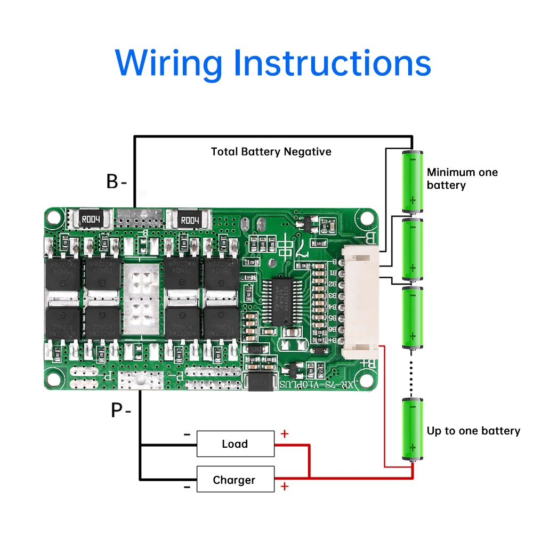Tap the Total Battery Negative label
pyautogui.click(x=271, y=152)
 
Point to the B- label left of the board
pyautogui.click(x=116, y=181)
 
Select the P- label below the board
pyautogui.click(x=120, y=410)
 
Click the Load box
pyautogui.click(x=236, y=444)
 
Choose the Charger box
pyautogui.click(x=236, y=480)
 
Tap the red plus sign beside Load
pyautogui.click(x=284, y=434)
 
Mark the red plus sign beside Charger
pyautogui.click(x=284, y=486)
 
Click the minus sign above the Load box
pyautogui.click(x=187, y=434)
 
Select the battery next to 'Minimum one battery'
pyautogui.click(x=412, y=181)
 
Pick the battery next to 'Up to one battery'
pyautogui.click(x=412, y=430)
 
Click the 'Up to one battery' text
pyautogui.click(x=473, y=431)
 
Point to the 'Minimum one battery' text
pyautogui.click(x=462, y=179)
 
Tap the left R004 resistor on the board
pyautogui.click(x=94, y=219)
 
